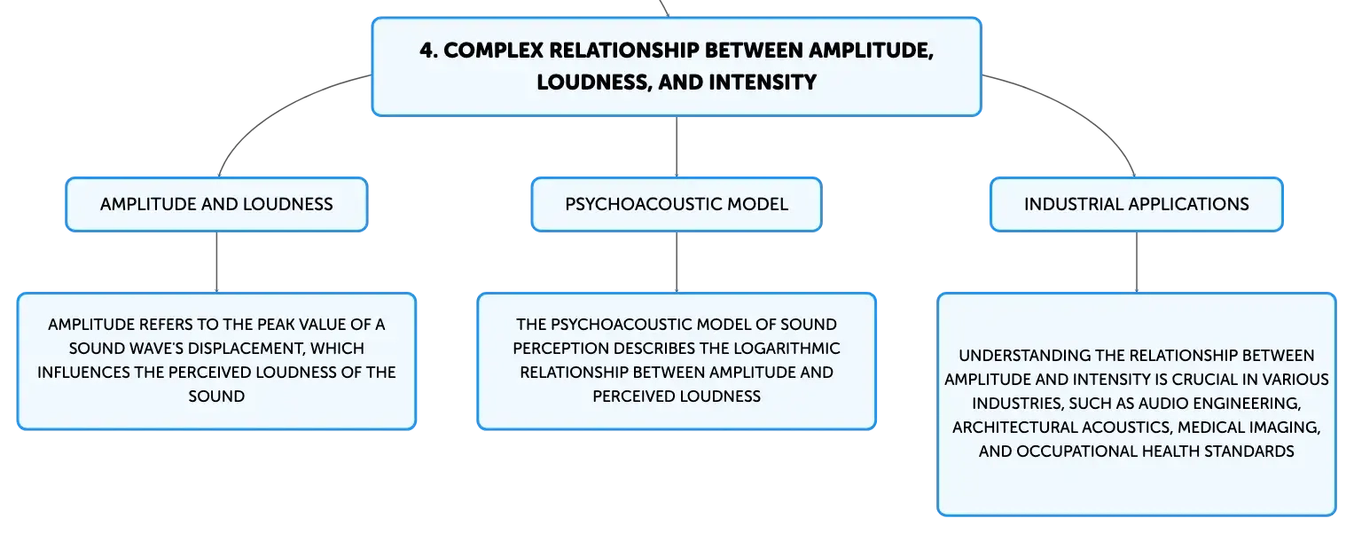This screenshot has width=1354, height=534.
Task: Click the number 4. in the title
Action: [428, 51]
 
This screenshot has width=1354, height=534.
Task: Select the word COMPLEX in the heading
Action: [493, 51]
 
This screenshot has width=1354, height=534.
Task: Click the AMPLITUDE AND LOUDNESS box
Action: [216, 204]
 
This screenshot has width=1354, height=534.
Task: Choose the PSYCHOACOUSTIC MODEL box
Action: [677, 204]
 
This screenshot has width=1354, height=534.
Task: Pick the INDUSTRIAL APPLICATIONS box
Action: [1137, 204]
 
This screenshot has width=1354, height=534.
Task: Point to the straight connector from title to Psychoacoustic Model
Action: [677, 146]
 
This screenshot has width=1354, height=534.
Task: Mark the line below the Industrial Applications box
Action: [1137, 263]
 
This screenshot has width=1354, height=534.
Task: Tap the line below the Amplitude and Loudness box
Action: [216, 263]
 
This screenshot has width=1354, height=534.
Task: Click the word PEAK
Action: [275, 325]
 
